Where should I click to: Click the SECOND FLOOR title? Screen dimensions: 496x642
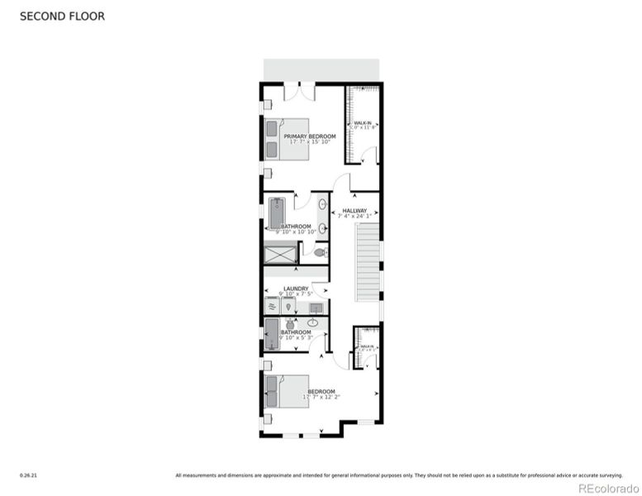click(62, 16)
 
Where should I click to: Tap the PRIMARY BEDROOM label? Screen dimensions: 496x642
click(310, 136)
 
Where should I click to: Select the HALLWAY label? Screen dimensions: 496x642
click(354, 211)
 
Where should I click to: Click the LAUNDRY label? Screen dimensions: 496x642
click(295, 289)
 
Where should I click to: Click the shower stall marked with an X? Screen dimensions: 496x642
click(279, 255)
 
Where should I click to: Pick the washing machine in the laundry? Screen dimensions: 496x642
click(272, 307)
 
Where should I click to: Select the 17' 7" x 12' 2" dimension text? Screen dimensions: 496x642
click(321, 397)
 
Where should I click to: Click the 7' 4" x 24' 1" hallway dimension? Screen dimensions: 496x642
click(354, 217)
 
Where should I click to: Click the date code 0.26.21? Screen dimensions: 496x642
click(27, 475)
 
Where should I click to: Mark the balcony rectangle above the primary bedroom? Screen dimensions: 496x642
click(321, 69)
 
